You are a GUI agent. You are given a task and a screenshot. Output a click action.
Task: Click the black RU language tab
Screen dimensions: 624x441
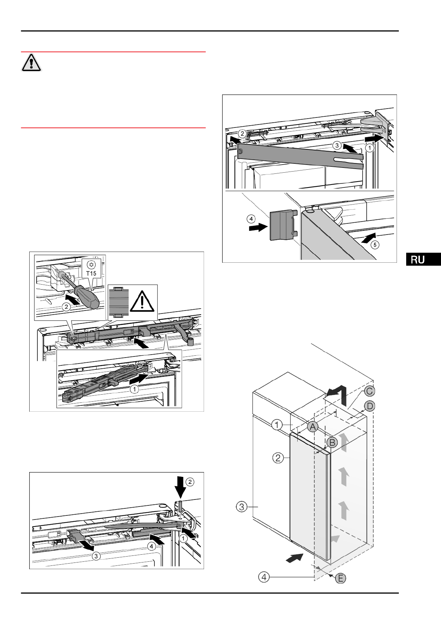423,259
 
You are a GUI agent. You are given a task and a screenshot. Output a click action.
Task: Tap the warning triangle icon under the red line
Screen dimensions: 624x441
31,62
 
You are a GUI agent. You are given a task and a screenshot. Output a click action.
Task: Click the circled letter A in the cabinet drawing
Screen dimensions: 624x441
313,427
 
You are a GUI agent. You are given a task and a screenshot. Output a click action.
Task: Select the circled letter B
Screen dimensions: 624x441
332,442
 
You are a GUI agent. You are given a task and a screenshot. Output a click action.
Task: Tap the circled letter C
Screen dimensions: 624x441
370,391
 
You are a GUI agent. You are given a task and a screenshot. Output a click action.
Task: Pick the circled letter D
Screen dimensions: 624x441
370,406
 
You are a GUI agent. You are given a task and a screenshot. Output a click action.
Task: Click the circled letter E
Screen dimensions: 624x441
340,578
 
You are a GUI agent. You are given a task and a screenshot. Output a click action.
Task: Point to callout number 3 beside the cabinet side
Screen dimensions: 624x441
242,507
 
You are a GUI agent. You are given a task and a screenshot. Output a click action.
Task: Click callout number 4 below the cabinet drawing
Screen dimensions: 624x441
264,577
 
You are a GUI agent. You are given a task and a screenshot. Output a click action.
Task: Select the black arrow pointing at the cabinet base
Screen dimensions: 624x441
295,557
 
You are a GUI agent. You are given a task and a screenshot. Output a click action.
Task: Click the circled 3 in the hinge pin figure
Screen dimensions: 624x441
96,556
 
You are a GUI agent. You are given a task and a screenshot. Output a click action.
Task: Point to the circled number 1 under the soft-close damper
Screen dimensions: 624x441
134,389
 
